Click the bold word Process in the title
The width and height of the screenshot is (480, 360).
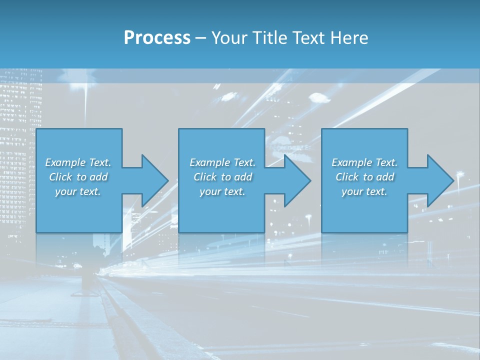(157, 38)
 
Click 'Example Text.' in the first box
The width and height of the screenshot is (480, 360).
(78, 162)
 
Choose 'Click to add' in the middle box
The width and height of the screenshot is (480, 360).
(222, 177)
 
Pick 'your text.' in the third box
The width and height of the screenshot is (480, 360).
(364, 191)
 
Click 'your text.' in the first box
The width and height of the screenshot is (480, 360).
(78, 191)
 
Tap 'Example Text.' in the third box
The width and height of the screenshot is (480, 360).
(364, 162)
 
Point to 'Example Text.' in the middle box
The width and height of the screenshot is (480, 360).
(222, 162)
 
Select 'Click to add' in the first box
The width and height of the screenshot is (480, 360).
(78, 177)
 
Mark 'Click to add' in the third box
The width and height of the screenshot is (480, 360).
(364, 177)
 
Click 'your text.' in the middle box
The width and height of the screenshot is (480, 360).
(222, 191)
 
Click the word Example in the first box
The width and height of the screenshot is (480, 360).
(65, 162)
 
